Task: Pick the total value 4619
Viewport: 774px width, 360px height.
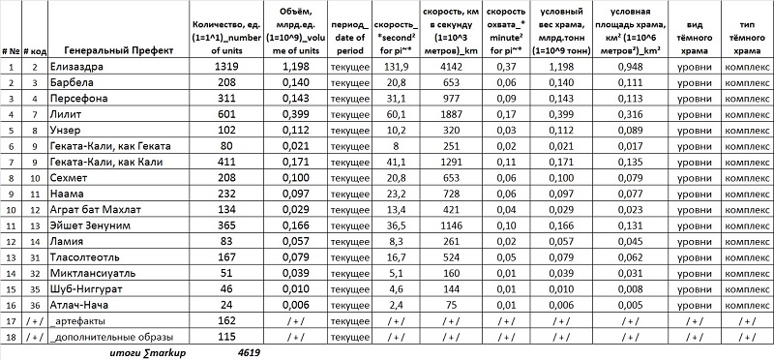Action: click(x=251, y=353)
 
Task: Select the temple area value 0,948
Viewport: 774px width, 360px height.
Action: click(x=631, y=67)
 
